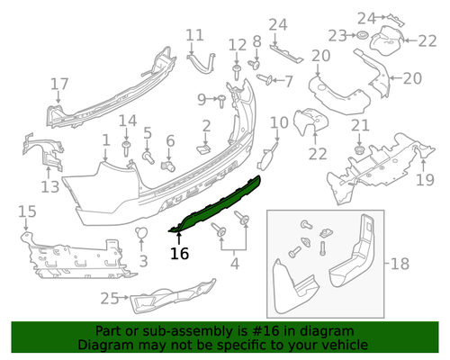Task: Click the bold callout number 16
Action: pyautogui.click(x=180, y=254)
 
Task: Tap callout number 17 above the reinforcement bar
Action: pyautogui.click(x=58, y=85)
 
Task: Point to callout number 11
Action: pyautogui.click(x=195, y=36)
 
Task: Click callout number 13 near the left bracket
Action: pyautogui.click(x=49, y=187)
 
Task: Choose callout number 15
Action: pyautogui.click(x=27, y=211)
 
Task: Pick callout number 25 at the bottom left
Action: pyautogui.click(x=110, y=298)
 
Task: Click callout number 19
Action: pyautogui.click(x=425, y=180)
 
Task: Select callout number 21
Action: pyautogui.click(x=359, y=124)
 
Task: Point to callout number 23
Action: pyautogui.click(x=337, y=35)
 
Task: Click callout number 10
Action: pyautogui.click(x=279, y=121)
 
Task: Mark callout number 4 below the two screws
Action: pyautogui.click(x=234, y=264)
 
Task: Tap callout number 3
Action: pyautogui.click(x=143, y=261)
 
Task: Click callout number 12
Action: pyautogui.click(x=237, y=45)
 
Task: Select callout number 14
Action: pyautogui.click(x=128, y=121)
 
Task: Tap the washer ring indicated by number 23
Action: pyautogui.click(x=357, y=36)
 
